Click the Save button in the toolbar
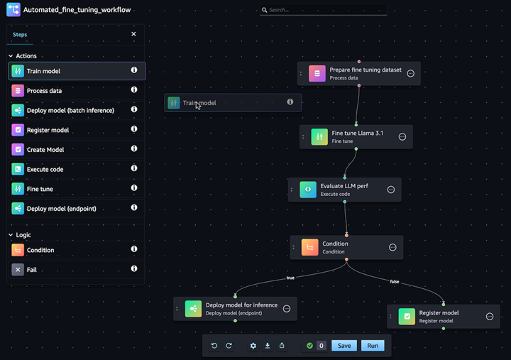click(344, 346)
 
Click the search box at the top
click(323, 11)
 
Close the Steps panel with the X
click(133, 34)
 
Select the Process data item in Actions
click(44, 91)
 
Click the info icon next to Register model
click(134, 130)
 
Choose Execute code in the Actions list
click(45, 169)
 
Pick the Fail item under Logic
click(32, 270)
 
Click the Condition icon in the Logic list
click(18, 250)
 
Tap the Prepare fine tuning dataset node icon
click(317, 74)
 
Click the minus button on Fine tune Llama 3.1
click(402, 137)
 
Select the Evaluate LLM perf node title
click(344, 185)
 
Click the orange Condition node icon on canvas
click(309, 247)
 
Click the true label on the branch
click(290, 278)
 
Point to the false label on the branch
click(394, 282)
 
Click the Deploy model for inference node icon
click(192, 308)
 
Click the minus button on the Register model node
click(490, 317)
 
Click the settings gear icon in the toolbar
click(253, 346)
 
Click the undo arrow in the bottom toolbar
click(214, 346)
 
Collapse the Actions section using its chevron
click(11, 56)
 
